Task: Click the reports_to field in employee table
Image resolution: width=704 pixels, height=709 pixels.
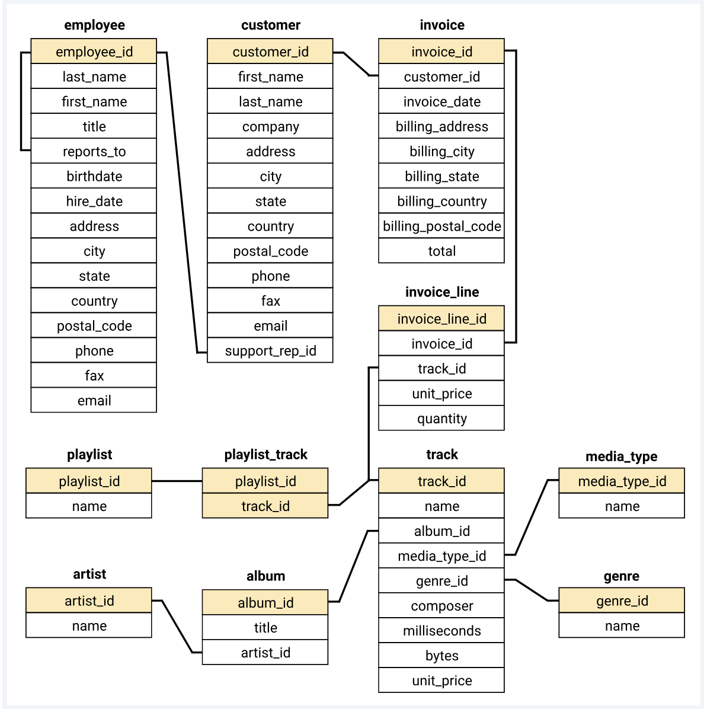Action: point(94,151)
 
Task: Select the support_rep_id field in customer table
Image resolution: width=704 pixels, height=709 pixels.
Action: point(270,350)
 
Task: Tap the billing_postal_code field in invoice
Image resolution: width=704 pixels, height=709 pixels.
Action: point(441,226)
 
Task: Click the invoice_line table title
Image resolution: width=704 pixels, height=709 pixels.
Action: point(441,292)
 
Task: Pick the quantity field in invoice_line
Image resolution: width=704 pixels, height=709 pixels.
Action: point(441,419)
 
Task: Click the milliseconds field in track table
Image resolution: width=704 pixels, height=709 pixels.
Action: point(441,631)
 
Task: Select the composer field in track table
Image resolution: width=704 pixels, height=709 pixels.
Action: point(441,606)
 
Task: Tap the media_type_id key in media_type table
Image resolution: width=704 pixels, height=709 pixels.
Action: point(622,481)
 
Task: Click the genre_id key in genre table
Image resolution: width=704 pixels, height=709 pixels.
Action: point(622,601)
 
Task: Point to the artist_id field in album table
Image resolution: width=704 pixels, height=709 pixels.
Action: point(265,653)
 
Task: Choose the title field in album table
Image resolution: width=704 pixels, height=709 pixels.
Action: point(265,628)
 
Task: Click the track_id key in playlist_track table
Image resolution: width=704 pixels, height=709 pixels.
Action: point(265,506)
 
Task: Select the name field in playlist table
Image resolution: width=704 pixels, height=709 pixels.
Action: point(89,506)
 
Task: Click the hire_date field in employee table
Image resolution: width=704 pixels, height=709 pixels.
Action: point(94,201)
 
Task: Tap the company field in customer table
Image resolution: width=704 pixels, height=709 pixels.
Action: point(270,126)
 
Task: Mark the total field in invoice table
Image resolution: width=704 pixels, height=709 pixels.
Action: point(441,251)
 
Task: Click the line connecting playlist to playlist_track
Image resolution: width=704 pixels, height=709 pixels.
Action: point(177,481)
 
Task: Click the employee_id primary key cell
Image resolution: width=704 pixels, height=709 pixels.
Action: point(94,52)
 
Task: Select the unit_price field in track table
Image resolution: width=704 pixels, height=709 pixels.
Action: point(441,681)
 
